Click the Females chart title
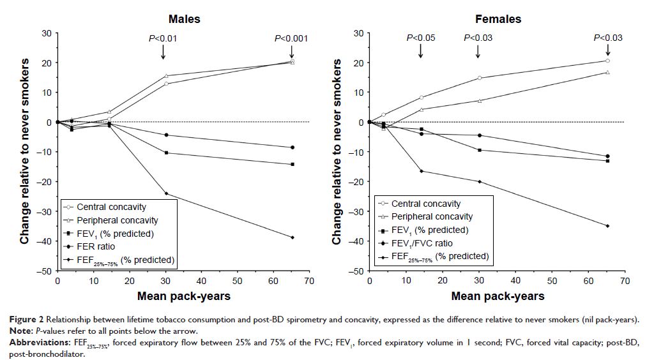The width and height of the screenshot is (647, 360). click(x=498, y=19)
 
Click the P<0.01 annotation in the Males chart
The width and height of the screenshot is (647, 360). click(x=163, y=38)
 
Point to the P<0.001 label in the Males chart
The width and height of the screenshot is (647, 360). click(x=291, y=38)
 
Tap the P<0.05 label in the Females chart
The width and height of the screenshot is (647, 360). click(x=421, y=38)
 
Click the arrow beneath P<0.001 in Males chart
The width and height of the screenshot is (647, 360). click(x=291, y=52)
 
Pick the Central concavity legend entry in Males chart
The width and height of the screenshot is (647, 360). click(x=111, y=207)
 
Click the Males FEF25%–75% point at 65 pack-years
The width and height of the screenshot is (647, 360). click(x=292, y=237)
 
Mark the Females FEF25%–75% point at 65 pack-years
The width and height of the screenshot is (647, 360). click(x=607, y=226)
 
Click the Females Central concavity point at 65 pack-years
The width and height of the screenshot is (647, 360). click(x=607, y=61)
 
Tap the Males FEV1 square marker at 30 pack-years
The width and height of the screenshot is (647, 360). click(x=166, y=153)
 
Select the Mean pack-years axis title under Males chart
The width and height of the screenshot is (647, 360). click(x=183, y=296)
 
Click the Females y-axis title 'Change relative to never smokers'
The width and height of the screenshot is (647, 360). click(x=337, y=151)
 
